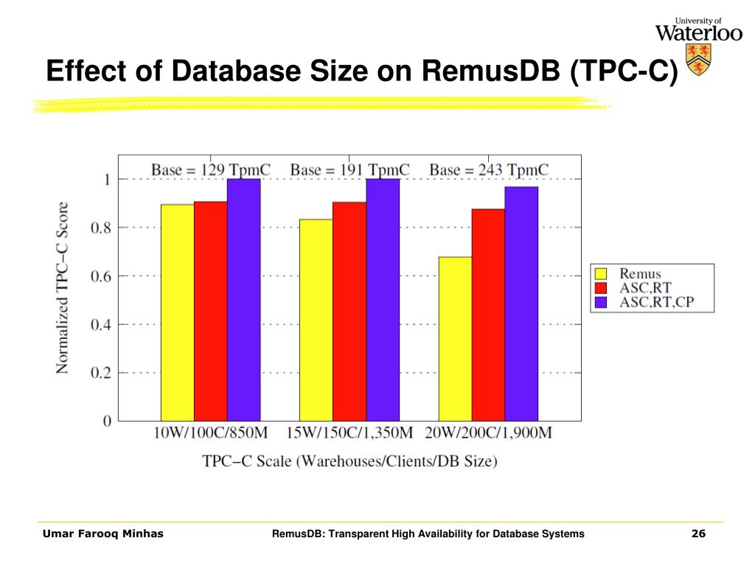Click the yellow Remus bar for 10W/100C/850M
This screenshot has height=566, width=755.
point(178,312)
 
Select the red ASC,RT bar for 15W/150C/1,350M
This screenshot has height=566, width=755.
point(349,311)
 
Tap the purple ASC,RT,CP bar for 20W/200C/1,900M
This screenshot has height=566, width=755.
point(521,304)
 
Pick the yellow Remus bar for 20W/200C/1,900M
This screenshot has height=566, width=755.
point(455,338)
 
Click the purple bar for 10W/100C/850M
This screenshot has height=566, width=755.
point(244,299)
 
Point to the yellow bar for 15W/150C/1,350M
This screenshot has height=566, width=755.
point(316,320)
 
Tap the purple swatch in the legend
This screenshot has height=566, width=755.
point(601,302)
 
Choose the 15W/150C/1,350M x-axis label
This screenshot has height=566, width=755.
point(349,433)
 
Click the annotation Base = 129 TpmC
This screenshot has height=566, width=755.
point(211,170)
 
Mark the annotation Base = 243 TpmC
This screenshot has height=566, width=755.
point(489,170)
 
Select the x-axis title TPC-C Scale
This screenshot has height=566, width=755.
point(349,461)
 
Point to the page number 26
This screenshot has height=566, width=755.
point(698,534)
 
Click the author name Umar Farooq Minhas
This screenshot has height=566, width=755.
point(103,534)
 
